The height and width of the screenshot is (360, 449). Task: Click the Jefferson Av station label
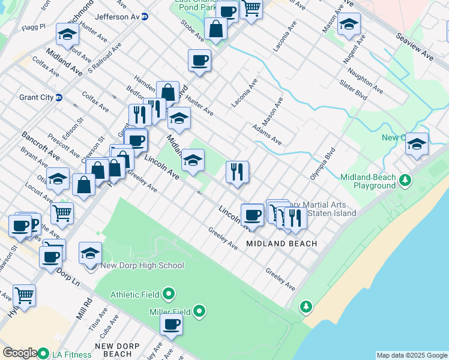coord(117,17)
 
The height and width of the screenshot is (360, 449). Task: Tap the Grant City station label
coord(36,97)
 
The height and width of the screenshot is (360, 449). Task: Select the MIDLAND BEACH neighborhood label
coord(282,244)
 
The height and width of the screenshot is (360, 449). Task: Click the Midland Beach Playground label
coord(367,182)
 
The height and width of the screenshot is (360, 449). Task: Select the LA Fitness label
coord(70,355)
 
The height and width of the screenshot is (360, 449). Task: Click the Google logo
coord(20,353)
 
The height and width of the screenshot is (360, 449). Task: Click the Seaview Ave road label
coord(414,46)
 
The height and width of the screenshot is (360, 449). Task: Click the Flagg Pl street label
coord(34,27)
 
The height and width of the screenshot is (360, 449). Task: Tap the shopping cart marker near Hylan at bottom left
coord(24,295)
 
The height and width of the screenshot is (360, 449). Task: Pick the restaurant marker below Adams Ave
coord(238,172)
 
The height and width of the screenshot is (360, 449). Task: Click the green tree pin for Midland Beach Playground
coord(406,179)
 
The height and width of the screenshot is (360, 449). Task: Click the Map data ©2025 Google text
coord(412,355)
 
